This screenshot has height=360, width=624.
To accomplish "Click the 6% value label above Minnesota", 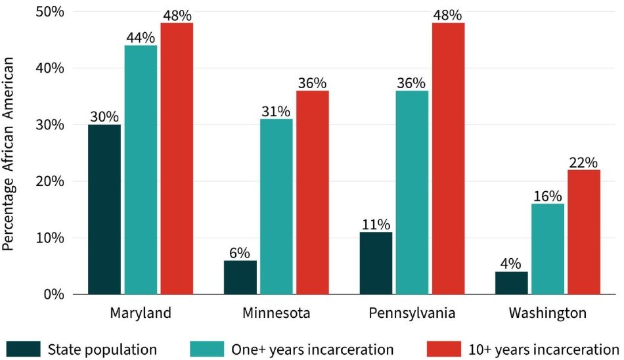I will click(240, 253).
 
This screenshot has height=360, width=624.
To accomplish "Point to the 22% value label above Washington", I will click(584, 162).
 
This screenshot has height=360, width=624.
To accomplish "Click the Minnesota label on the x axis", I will click(276, 313).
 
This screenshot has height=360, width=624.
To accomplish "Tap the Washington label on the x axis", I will click(548, 313).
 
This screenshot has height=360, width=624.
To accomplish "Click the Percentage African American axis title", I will click(9, 152).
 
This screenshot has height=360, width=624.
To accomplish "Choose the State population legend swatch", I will click(24, 348).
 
